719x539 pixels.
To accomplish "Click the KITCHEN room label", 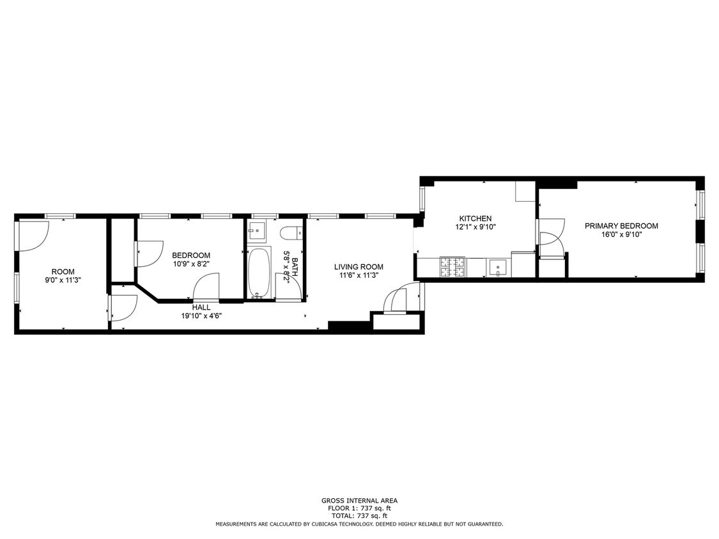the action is (x=475, y=218).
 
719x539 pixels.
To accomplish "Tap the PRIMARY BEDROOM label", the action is (x=621, y=225).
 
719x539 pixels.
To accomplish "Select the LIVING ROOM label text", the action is (x=359, y=267).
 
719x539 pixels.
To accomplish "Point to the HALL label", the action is (x=201, y=307).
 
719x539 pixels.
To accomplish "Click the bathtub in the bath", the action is (x=259, y=273).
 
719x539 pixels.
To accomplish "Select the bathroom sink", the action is (x=258, y=231).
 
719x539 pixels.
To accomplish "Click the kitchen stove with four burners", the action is (x=452, y=267).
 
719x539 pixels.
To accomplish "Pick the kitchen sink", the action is (x=497, y=267).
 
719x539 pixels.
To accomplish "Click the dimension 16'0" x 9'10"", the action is (x=621, y=234).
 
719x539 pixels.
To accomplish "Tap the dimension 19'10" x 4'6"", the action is (x=201, y=315).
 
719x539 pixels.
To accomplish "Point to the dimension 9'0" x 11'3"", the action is (x=63, y=280).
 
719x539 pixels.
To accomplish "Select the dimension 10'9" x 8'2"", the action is (x=191, y=264).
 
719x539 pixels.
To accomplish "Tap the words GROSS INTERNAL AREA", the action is (x=359, y=501).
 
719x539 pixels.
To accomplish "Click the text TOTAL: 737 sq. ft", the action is (x=359, y=515).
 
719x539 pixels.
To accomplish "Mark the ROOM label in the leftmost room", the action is (x=63, y=271).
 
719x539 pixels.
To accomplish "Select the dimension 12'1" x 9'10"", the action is (x=475, y=227).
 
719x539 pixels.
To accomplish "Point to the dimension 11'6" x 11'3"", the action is (x=359, y=275).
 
